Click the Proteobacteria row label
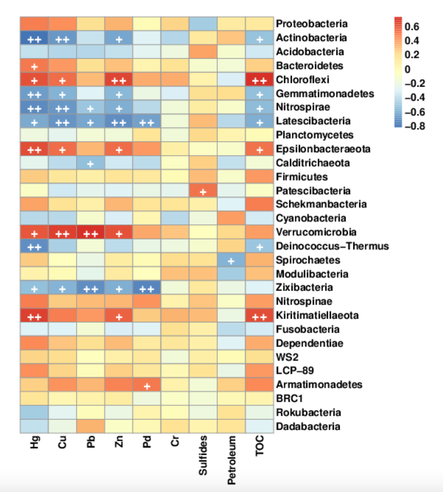[312, 24]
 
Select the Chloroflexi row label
[302, 79]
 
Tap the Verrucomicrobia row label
[316, 232]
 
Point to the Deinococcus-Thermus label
[332, 246]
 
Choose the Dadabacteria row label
[308, 426]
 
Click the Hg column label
[34, 443]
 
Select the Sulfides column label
[203, 455]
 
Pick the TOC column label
[260, 446]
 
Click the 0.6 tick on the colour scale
[412, 27]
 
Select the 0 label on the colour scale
[407, 69]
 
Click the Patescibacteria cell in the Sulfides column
[203, 191]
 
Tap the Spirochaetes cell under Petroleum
[231, 260]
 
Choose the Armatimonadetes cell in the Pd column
[147, 385]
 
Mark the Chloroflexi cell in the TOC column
[260, 79]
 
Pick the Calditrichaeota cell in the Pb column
[91, 163]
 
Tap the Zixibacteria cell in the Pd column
[147, 288]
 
